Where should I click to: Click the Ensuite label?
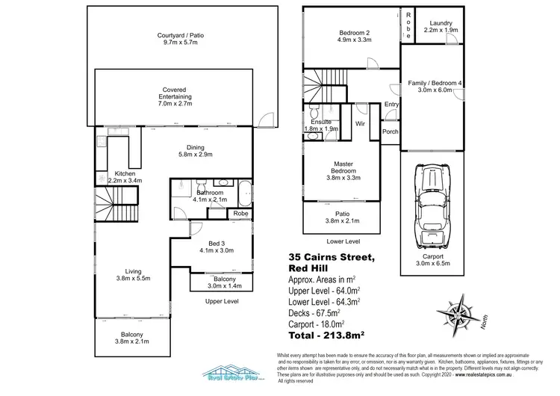click(320, 125)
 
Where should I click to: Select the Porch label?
click(390, 132)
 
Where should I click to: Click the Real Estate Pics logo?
click(234, 374)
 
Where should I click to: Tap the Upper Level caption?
click(221, 300)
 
